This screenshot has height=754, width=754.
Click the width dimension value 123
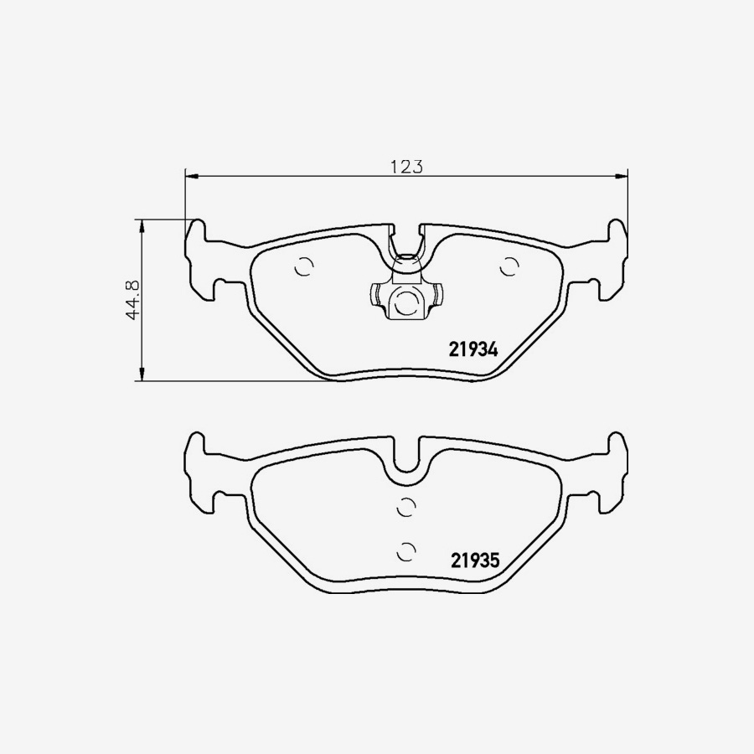point(405,166)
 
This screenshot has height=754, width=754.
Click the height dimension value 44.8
point(132,300)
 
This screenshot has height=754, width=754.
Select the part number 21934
point(473,351)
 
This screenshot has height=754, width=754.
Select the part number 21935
point(474,560)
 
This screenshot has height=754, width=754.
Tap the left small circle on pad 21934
point(304,266)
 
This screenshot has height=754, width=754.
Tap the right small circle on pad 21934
point(508,266)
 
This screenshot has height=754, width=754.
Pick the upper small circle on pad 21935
point(405,506)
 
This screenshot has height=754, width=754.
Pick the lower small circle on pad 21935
point(405,550)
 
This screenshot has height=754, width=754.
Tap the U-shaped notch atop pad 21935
point(405,459)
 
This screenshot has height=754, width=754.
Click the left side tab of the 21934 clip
point(375,296)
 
